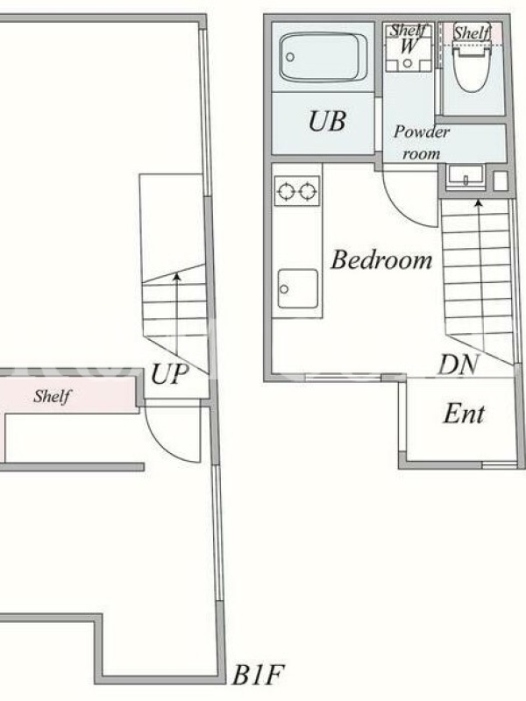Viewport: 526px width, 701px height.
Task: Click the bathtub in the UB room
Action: [x=323, y=57]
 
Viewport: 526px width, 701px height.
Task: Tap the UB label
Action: [x=327, y=121]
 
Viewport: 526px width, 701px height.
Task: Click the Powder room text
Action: [x=422, y=143]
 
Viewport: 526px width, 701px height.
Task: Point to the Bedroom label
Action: [x=381, y=259]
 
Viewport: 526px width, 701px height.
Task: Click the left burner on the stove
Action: [x=286, y=192]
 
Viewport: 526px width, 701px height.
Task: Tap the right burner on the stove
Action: [x=309, y=192]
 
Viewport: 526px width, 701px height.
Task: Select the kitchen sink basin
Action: [x=298, y=288]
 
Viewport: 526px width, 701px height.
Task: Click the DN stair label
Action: [x=458, y=364]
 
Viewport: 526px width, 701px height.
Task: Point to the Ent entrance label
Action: [x=464, y=414]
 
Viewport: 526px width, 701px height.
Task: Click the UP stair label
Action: [x=169, y=374]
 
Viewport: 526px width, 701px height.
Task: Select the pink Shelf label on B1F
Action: [x=52, y=396]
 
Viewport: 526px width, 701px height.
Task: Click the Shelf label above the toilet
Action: [x=472, y=32]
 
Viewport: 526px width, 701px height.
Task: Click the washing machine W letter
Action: [x=409, y=46]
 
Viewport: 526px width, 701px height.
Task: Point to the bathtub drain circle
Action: [x=290, y=57]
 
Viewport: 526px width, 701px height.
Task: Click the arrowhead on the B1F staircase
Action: [x=177, y=276]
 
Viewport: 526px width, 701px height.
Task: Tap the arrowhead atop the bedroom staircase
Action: [x=479, y=203]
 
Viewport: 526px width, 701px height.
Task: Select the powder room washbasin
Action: [x=466, y=178]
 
